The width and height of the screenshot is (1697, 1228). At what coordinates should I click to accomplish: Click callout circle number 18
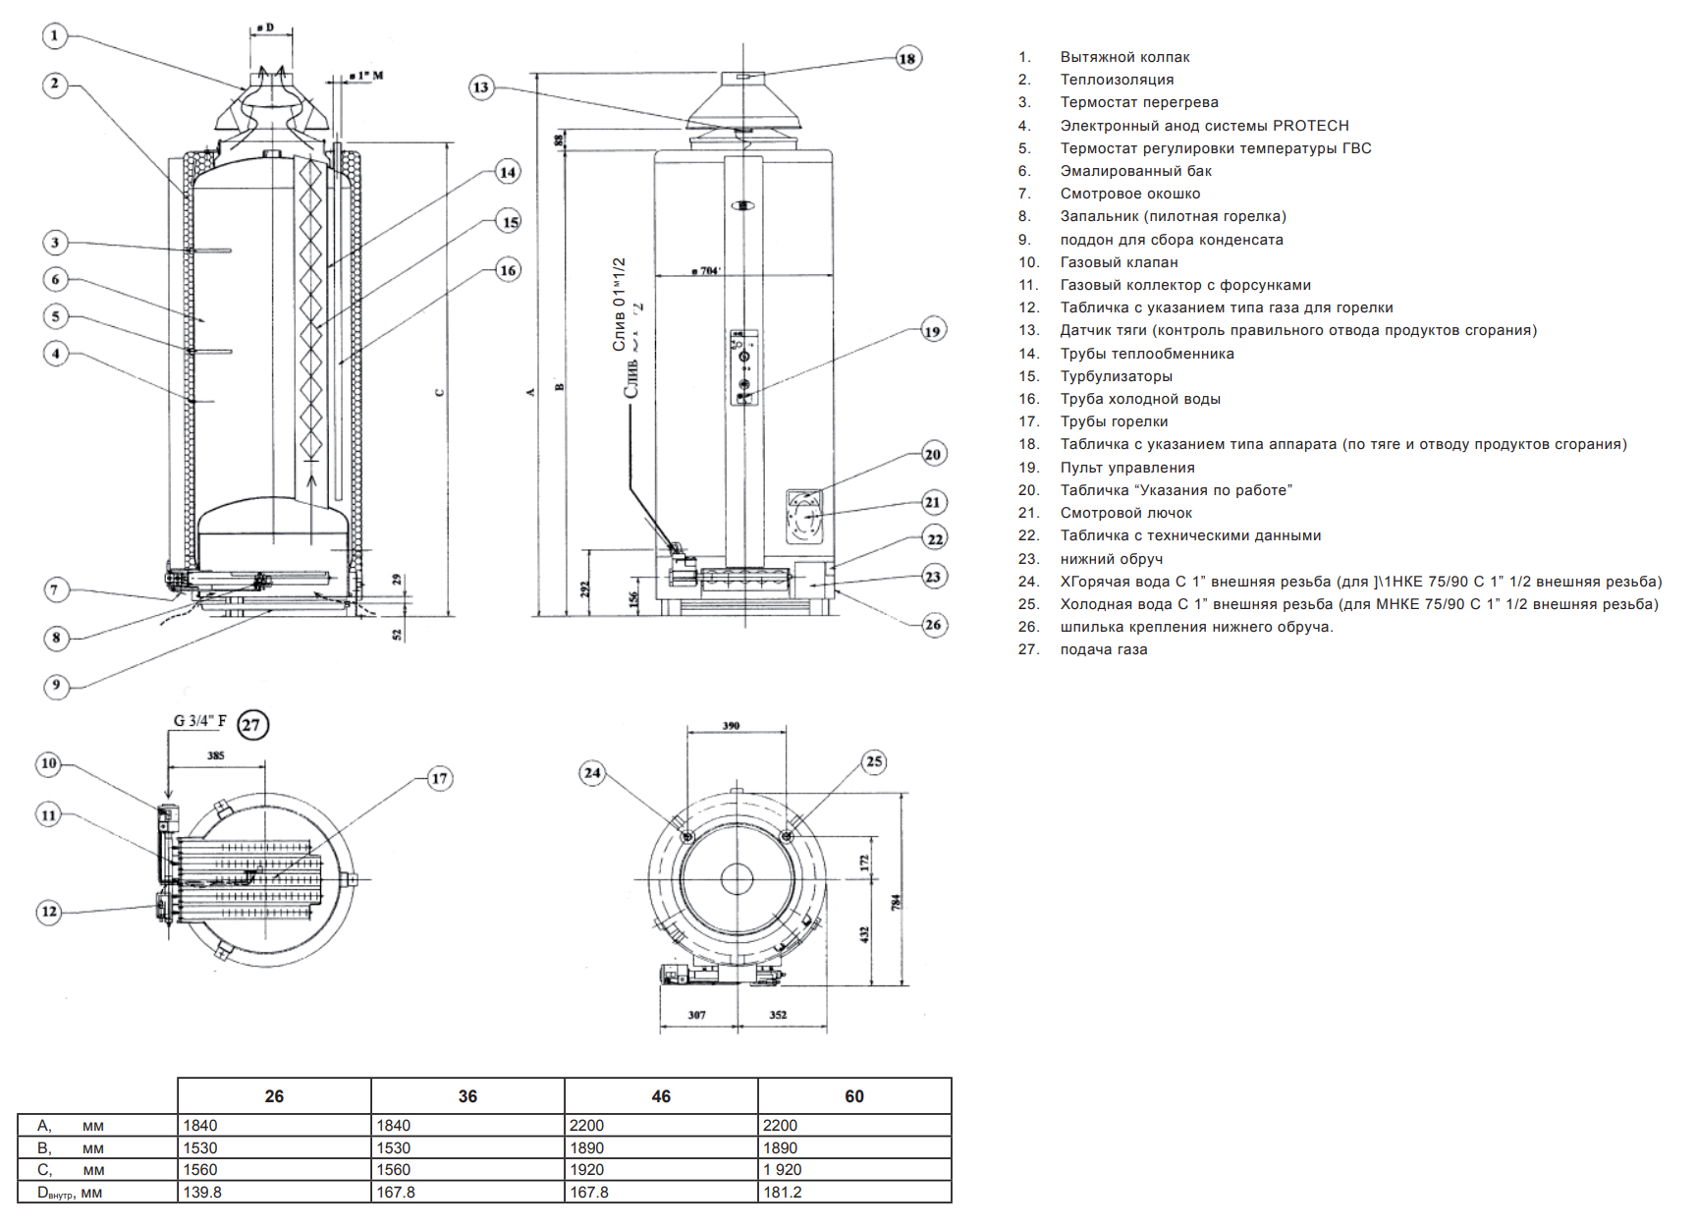pyautogui.click(x=907, y=59)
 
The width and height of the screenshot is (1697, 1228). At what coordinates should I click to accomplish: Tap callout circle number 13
pyautogui.click(x=480, y=87)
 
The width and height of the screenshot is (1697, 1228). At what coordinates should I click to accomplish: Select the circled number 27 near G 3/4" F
pyautogui.click(x=252, y=725)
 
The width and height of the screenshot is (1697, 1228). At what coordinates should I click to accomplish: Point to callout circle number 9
pyautogui.click(x=56, y=685)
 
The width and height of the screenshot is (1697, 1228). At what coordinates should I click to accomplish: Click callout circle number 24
pyautogui.click(x=592, y=773)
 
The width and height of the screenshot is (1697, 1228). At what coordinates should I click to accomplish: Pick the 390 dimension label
pyautogui.click(x=731, y=726)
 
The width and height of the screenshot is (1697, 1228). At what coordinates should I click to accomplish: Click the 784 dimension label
pyautogui.click(x=895, y=901)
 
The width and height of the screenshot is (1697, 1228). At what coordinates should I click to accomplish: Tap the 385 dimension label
pyautogui.click(x=216, y=755)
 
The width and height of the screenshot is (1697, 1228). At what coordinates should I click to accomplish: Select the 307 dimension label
pyautogui.click(x=696, y=1015)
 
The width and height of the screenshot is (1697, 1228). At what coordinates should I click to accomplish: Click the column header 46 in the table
pyautogui.click(x=661, y=1096)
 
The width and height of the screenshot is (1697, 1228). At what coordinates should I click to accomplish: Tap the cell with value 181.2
pyautogui.click(x=783, y=1193)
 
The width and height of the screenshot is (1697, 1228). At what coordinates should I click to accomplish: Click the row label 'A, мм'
pyautogui.click(x=70, y=1126)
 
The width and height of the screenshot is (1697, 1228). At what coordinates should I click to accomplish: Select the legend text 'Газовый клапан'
pyautogui.click(x=1119, y=262)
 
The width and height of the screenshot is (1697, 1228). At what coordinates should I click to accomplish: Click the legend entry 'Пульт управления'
pyautogui.click(x=1127, y=468)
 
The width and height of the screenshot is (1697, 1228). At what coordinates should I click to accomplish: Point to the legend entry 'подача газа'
pyautogui.click(x=1104, y=649)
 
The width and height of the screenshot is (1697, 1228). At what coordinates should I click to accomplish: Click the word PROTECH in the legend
pyautogui.click(x=1310, y=126)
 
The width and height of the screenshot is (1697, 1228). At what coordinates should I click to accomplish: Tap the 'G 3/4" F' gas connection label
pyautogui.click(x=199, y=721)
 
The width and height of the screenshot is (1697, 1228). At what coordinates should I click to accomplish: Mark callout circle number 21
pyautogui.click(x=933, y=502)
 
